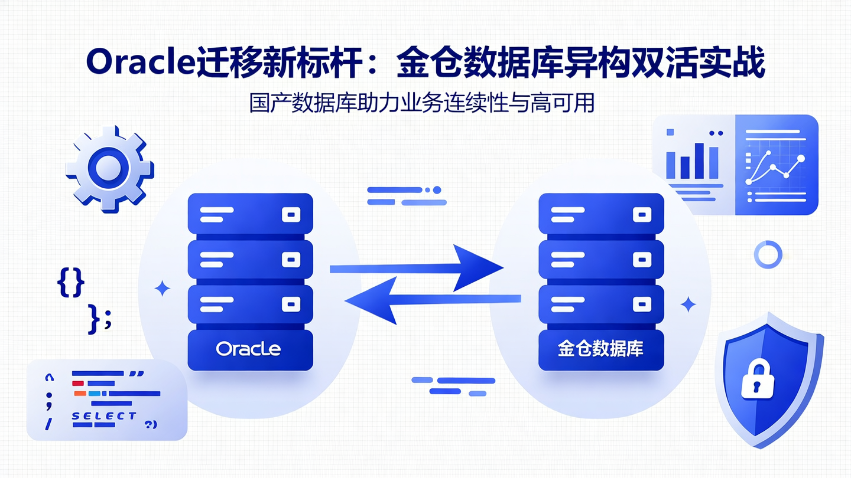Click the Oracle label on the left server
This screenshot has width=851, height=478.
click(x=248, y=349)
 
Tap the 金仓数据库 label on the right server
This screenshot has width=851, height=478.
click(x=600, y=349)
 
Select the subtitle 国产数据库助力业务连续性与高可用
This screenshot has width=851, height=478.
click(x=421, y=104)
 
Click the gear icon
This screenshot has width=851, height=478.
click(x=109, y=168)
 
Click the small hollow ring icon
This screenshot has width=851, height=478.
click(x=768, y=254)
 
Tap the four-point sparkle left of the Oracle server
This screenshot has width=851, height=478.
click(x=162, y=289)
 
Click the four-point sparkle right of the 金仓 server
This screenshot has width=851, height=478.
click(x=688, y=305)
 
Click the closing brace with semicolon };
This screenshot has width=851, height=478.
click(x=99, y=319)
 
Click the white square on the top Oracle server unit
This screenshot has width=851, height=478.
click(x=290, y=215)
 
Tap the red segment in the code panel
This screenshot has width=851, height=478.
click(x=78, y=384)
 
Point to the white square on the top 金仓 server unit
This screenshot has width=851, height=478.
click(x=642, y=215)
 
